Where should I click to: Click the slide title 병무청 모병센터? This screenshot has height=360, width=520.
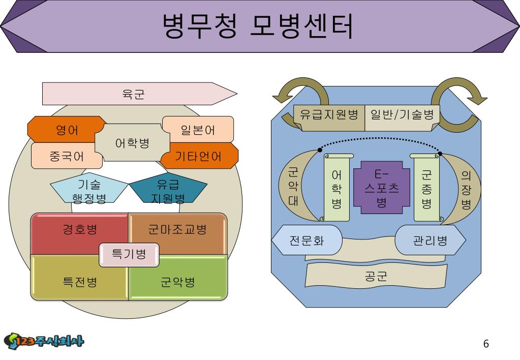pyautogui.click(x=258, y=26)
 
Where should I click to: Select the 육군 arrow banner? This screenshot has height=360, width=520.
pyautogui.click(x=133, y=94)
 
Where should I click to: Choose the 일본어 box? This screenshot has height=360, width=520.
pyautogui.click(x=198, y=130)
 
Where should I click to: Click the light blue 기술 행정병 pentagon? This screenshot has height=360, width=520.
pyautogui.click(x=89, y=191)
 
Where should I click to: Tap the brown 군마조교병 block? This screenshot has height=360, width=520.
pyautogui.click(x=177, y=230)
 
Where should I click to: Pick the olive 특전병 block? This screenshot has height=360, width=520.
pyautogui.click(x=80, y=283)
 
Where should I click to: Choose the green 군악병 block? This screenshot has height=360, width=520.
pyautogui.click(x=177, y=283)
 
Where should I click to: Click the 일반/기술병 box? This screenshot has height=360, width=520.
pyautogui.click(x=402, y=114)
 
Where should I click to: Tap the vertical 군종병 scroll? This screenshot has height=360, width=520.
pyautogui.click(x=426, y=189)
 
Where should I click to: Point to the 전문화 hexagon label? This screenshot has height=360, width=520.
pyautogui.click(x=307, y=240)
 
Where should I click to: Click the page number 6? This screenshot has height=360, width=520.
pyautogui.click(x=486, y=344)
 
